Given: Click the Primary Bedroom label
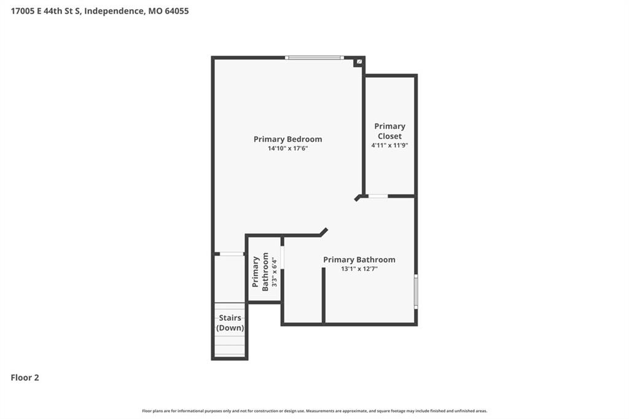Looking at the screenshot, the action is tap(287, 139).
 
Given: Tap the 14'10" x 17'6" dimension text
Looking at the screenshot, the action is tap(287, 149).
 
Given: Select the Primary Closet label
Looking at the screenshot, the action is tap(389, 131).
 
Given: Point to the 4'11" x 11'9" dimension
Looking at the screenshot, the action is tap(389, 145).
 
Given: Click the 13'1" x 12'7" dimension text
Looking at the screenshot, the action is tap(359, 269).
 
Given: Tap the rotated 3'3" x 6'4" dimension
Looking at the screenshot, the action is tap(275, 272).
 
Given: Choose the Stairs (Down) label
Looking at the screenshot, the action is tap(230, 323).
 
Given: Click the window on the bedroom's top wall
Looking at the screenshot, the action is tap(314, 58).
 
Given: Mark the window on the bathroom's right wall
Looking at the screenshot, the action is tap(416, 291).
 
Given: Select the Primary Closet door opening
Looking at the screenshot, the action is tap(378, 196).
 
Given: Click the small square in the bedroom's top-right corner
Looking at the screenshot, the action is tap(359, 62).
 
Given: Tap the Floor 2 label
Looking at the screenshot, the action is tap(25, 378).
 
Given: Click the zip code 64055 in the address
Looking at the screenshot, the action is tap(176, 11).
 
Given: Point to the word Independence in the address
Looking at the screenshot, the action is tap(114, 11).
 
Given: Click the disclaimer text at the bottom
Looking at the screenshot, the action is tap(314, 411).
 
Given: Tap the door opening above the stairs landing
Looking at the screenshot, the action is tap(232, 254).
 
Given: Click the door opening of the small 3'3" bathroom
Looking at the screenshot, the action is tap(283, 257).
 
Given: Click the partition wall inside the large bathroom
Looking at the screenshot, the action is tap(323, 295).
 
